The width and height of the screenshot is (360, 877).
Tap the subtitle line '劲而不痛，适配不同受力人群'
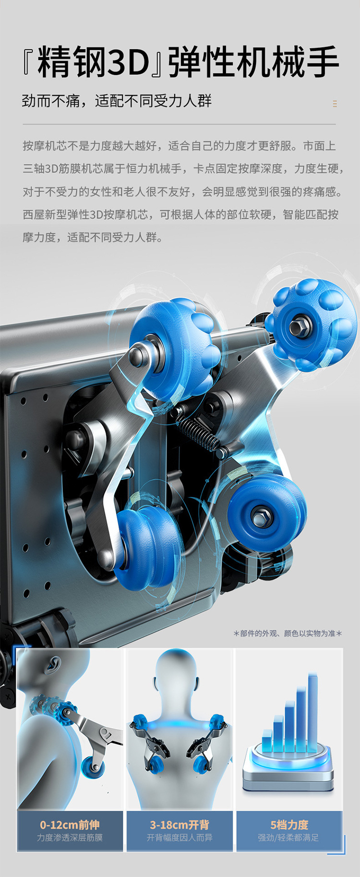click(117, 101)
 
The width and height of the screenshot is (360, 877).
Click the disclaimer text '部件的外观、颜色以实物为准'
click(288, 633)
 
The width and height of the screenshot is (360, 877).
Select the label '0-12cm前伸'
click(70, 825)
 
